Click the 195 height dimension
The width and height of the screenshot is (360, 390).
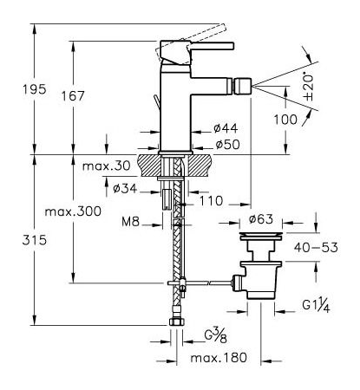[35, 89]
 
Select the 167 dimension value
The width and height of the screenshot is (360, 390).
[73, 96]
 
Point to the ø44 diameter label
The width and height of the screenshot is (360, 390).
[226, 128]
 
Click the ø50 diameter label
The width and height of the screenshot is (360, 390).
[227, 145]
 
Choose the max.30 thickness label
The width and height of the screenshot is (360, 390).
[107, 166]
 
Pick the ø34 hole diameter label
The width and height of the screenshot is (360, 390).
[125, 189]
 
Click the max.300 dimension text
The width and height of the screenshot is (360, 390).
[73, 211]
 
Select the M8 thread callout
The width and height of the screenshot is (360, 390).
[130, 222]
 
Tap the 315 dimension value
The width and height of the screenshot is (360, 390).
[35, 240]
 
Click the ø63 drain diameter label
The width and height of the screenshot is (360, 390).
[261, 219]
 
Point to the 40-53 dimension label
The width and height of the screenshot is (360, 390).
[316, 248]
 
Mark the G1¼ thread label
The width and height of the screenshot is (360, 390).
[316, 306]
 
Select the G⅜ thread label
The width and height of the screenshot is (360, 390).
[215, 335]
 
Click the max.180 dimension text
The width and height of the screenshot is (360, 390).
[219, 358]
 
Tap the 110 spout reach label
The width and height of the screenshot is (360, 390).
[211, 201]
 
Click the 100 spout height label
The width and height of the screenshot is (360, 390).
[285, 120]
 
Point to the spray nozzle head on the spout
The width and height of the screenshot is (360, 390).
[243, 86]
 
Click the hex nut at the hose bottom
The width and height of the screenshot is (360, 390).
[176, 322]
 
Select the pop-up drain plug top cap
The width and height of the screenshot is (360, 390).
[261, 236]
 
